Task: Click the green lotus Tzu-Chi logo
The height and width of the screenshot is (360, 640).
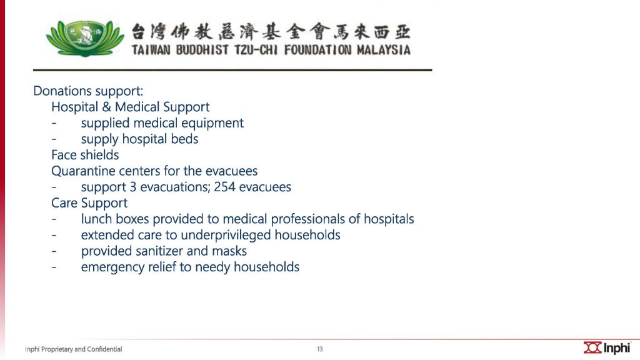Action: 85,38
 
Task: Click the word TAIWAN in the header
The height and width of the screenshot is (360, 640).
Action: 151,50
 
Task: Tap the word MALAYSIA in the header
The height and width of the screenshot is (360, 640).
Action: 383,50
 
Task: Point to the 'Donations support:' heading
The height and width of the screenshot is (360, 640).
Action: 88,91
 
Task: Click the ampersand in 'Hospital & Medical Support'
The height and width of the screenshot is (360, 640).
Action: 106,107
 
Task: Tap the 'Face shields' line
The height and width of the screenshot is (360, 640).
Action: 85,155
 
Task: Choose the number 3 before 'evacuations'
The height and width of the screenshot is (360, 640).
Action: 132,187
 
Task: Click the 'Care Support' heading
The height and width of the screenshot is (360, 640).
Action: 89,203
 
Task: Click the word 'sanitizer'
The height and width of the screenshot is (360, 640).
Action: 159,251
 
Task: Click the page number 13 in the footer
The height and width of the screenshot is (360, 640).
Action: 319,349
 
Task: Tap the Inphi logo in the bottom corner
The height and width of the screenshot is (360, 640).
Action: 606,347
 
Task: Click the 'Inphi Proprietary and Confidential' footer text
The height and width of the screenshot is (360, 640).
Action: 74,349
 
